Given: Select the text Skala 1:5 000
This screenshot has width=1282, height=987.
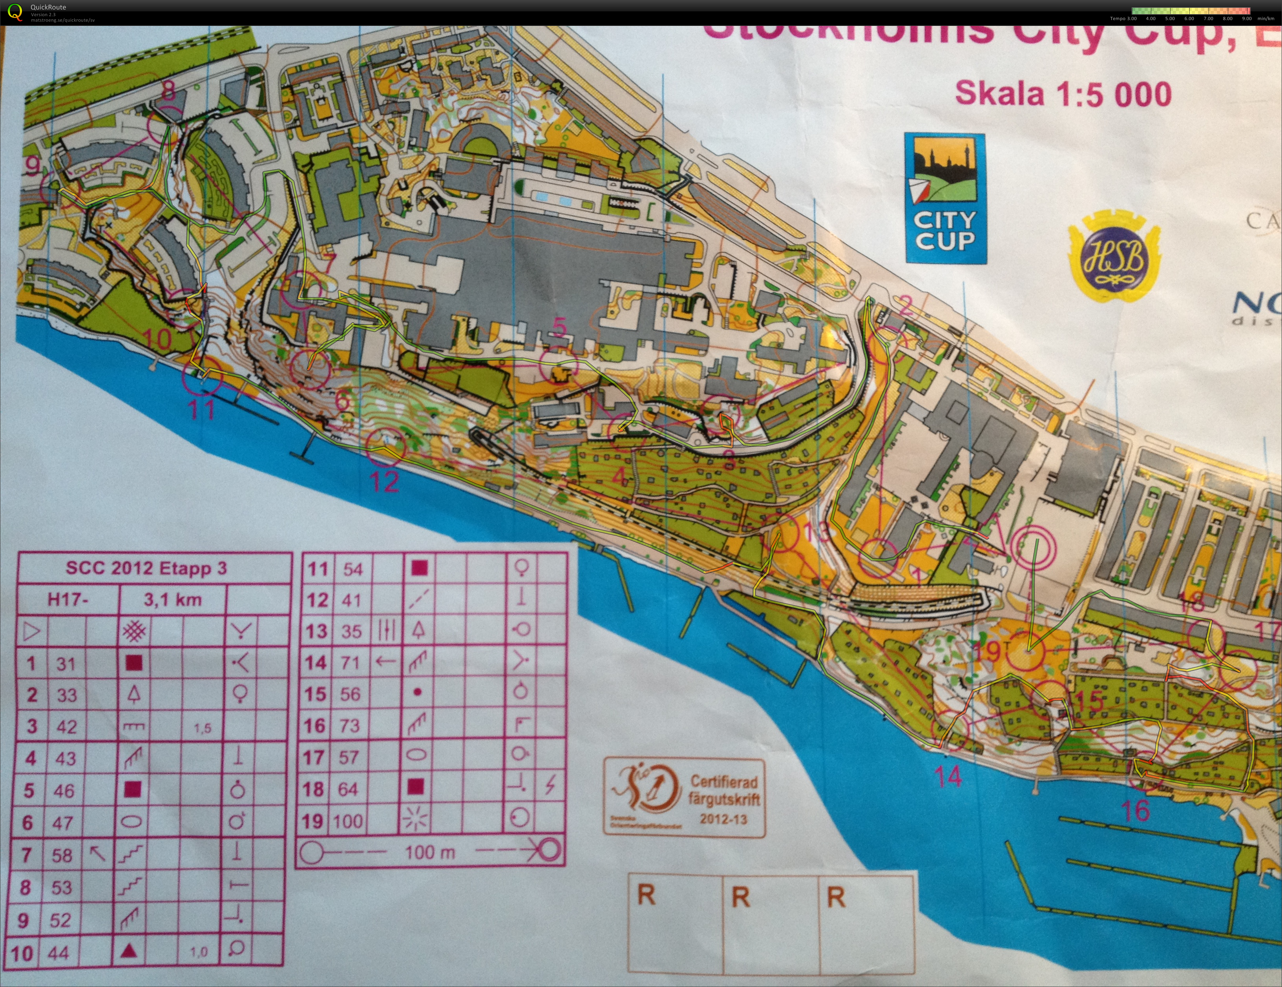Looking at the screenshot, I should point(1063,94).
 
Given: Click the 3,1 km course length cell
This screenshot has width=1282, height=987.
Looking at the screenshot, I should point(173,600).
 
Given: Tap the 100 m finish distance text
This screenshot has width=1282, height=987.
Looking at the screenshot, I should point(430,852).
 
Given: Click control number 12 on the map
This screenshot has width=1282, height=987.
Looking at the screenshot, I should point(385,481).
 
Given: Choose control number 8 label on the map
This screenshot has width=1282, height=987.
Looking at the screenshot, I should point(168,91).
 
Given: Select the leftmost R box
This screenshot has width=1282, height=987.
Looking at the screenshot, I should point(675,922).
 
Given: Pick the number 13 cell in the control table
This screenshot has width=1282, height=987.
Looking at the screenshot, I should point(317,631).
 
